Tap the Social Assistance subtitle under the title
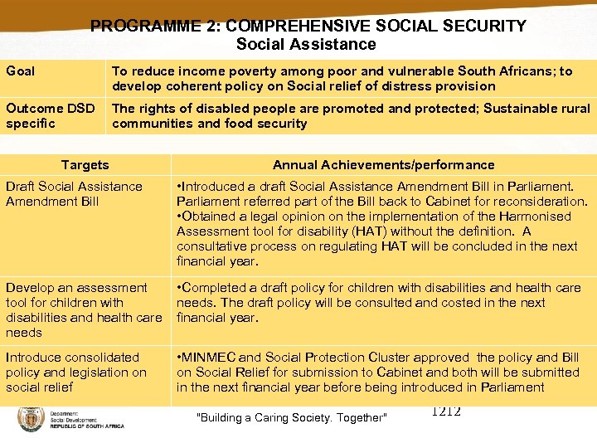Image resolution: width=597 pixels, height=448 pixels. point(306,45)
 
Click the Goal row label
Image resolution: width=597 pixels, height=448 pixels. point(21,71)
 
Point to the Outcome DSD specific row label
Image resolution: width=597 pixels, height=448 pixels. point(51,116)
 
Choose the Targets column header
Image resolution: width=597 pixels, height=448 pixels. point(85,165)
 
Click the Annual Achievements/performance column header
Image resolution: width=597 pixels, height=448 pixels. point(383,165)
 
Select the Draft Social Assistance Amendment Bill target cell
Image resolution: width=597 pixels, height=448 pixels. point(74,194)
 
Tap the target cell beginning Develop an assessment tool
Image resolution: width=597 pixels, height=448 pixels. point(83,309)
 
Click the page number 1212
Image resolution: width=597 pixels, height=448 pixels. point(446,412)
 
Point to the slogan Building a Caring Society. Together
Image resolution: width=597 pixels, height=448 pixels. point(291,417)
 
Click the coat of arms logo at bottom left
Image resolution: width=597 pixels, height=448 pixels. point(31,419)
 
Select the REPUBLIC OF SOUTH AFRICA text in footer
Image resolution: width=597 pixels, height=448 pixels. point(86,426)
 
